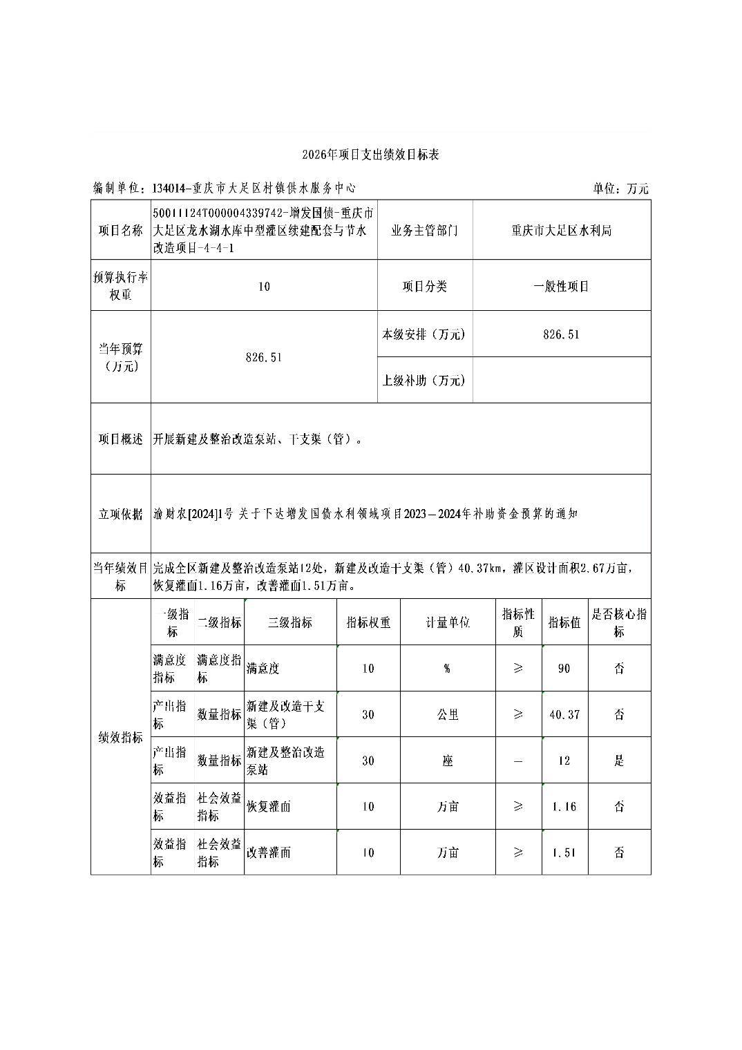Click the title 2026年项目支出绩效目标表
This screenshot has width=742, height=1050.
(x=370, y=155)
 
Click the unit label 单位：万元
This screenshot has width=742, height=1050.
(x=620, y=189)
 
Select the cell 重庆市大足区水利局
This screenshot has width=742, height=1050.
(x=561, y=231)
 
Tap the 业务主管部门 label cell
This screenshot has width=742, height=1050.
(x=424, y=231)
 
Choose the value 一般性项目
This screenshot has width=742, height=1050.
(x=561, y=286)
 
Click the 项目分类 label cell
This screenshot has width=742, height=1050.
(x=424, y=286)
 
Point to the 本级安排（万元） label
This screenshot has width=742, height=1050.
(x=424, y=334)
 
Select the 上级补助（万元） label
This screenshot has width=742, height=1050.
(x=424, y=381)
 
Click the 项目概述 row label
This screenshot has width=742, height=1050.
(x=121, y=439)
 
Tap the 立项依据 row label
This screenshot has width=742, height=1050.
(x=121, y=514)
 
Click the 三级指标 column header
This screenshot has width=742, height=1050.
(x=290, y=622)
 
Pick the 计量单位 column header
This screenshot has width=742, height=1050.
(x=448, y=622)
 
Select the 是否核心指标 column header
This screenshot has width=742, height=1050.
(x=619, y=622)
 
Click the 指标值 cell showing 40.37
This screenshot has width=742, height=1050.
(x=564, y=715)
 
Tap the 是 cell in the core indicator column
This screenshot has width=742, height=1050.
(x=619, y=761)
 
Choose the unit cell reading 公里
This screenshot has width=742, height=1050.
(x=448, y=715)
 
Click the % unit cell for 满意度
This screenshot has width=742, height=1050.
(x=448, y=669)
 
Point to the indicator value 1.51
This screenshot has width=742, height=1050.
(x=564, y=852)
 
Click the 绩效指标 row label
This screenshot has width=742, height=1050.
(x=121, y=738)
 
